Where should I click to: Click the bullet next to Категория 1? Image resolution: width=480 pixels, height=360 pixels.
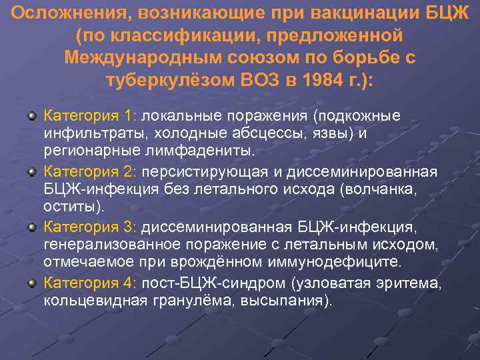click(31, 115)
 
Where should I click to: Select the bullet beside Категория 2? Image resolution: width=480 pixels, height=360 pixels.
click(31, 173)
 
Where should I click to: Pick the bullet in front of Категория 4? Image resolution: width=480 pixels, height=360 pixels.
click(31, 284)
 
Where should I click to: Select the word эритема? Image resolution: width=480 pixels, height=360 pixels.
click(409, 285)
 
